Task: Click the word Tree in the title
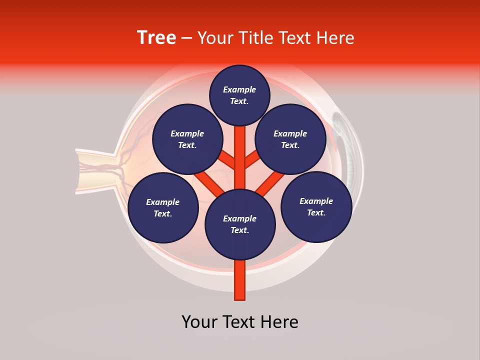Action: (156, 38)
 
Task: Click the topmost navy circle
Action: (239, 95)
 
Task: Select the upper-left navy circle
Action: (187, 139)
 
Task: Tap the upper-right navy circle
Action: (290, 139)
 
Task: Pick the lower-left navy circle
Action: (163, 207)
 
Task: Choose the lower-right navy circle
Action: (316, 206)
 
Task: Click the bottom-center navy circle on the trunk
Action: (240, 224)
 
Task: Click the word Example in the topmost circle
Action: (239, 89)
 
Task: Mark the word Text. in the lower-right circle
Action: (316, 212)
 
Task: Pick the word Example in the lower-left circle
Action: (163, 202)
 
